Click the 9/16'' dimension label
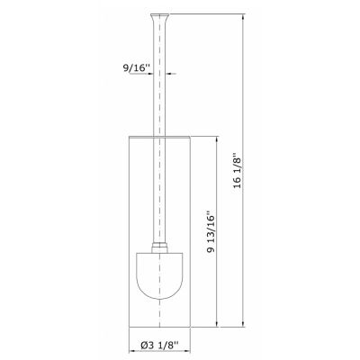click(x=136, y=67)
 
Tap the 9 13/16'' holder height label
click(x=211, y=233)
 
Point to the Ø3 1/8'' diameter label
click(x=159, y=346)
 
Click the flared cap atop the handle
click(x=159, y=16)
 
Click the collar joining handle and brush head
click(x=159, y=247)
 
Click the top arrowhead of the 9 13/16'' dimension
click(x=217, y=140)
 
